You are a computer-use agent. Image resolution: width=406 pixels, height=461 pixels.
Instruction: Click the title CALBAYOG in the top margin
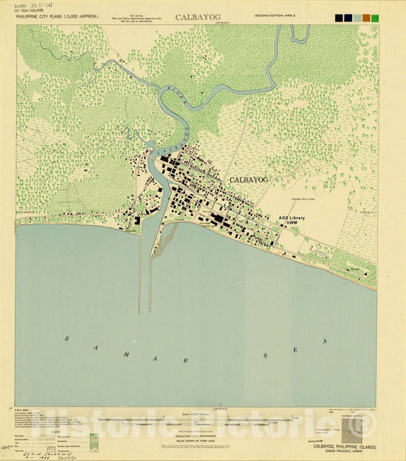[198, 16]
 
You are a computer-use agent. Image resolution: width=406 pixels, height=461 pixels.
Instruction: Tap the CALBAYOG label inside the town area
[249, 180]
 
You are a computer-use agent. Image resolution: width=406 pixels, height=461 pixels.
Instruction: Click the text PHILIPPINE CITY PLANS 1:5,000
[57, 16]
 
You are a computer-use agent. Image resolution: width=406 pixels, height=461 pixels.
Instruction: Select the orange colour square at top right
[366, 17]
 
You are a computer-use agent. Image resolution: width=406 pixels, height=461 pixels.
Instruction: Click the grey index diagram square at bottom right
[351, 431]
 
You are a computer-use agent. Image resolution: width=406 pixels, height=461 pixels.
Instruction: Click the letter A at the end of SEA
[324, 342]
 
